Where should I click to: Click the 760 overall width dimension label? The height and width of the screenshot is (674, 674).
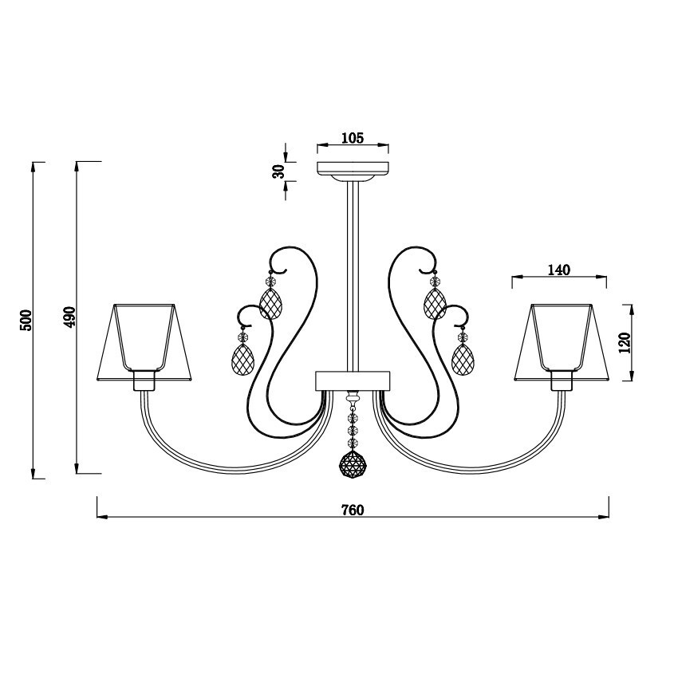tap(353, 510)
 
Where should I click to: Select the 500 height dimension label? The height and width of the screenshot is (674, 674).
tap(26, 320)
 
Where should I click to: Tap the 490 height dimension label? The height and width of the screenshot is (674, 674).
tap(69, 317)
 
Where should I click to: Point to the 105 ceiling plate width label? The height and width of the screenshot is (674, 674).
tap(353, 138)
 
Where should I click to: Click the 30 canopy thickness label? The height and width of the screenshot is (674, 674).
tap(279, 171)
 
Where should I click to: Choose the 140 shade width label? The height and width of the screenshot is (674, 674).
tap(559, 270)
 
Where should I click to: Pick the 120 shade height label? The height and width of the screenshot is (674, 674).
tap(625, 343)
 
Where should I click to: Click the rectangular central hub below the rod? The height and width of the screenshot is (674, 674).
tap(353, 380)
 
